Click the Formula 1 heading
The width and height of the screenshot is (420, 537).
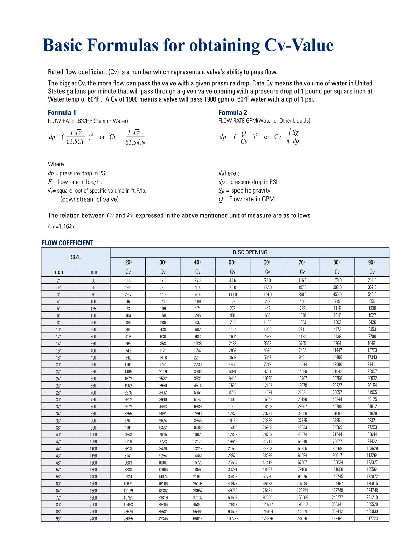62,113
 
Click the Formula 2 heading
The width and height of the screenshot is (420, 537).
233,113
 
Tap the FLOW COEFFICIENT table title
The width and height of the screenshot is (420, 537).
67,243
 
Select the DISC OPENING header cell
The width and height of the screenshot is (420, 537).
250,252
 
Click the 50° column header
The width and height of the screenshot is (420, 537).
233,262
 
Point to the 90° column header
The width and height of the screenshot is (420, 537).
372,262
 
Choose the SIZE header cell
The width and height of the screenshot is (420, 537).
76,257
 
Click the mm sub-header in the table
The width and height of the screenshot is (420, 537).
93,272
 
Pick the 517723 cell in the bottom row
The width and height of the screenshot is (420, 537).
372,519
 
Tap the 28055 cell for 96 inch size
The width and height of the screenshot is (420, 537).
128,519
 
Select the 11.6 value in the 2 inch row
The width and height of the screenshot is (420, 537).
128,280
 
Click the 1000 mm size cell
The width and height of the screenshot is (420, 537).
93,435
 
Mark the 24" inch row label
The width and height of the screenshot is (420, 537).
58,379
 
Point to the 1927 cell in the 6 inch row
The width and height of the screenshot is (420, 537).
372,315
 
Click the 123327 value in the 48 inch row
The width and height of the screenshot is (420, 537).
372,462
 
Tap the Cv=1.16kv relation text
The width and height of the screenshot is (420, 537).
61,227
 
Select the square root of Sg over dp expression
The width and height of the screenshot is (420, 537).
294,137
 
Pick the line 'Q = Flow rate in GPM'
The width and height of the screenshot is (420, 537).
246,199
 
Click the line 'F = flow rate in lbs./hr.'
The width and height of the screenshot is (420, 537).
75,182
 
